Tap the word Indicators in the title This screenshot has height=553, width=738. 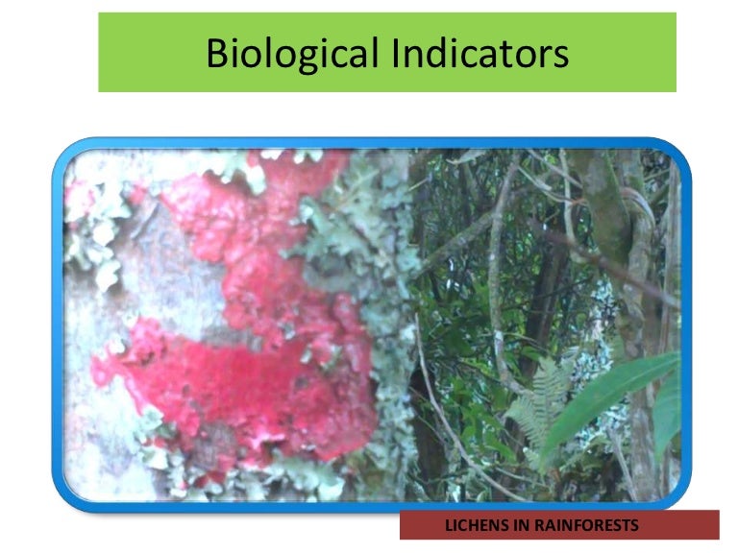click(x=480, y=54)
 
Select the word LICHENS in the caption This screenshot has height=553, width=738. click(x=474, y=525)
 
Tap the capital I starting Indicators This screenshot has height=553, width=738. click(x=397, y=54)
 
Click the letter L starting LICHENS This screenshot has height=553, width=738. click(x=449, y=525)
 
